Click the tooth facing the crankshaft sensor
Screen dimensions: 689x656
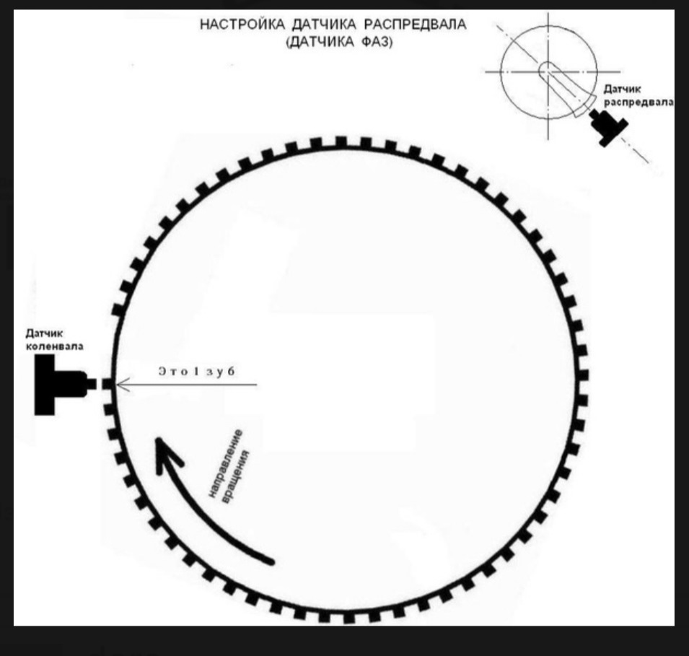(x=107, y=385)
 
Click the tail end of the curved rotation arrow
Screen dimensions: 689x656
(x=271, y=559)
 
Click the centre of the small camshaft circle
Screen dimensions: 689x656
(x=548, y=71)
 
